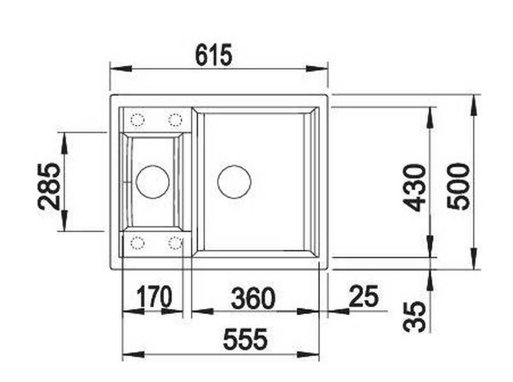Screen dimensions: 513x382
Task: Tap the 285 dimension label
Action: (49, 186)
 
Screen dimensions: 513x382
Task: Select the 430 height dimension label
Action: (414, 188)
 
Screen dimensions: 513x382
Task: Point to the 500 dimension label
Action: (458, 186)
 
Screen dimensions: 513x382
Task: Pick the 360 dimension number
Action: (253, 298)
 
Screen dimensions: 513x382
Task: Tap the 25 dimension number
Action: (363, 296)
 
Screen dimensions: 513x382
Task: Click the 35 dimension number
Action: (414, 316)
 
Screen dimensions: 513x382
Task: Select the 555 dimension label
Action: (245, 338)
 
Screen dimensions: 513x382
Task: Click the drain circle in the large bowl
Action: (234, 182)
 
